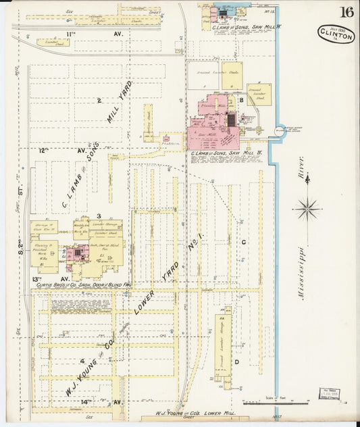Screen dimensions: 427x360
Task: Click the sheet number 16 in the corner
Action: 346,11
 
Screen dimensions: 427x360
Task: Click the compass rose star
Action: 308,207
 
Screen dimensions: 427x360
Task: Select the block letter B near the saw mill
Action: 241,99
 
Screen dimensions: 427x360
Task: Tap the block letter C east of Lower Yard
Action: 242,241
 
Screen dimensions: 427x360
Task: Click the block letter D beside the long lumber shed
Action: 237,362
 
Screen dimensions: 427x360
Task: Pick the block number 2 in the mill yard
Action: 99,101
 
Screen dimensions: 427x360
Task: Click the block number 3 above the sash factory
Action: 99,216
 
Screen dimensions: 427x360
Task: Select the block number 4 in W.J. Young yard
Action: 82,361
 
